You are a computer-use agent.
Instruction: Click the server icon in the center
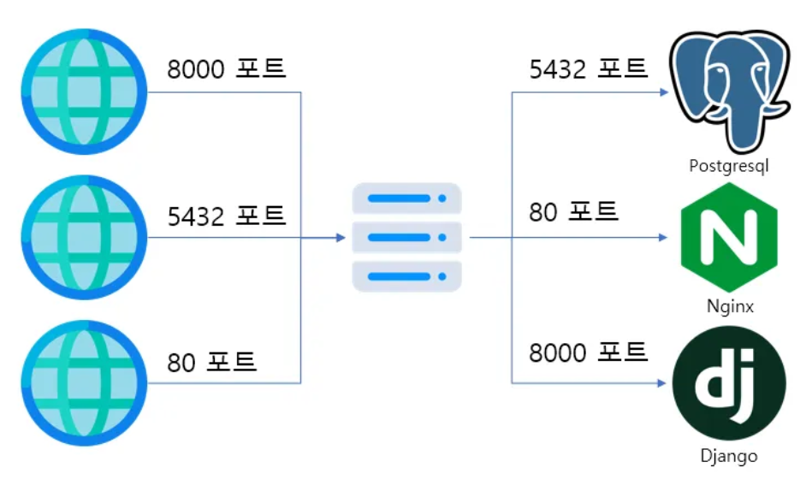coord(406,237)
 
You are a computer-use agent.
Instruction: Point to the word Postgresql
coord(728,165)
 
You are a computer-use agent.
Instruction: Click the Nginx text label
coord(730,305)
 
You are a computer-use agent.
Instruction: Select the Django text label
coord(728,456)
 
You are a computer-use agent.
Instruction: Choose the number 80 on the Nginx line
coord(543,212)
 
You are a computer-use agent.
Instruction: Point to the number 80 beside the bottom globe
coord(181,363)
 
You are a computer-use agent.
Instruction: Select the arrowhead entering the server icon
coord(341,237)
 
